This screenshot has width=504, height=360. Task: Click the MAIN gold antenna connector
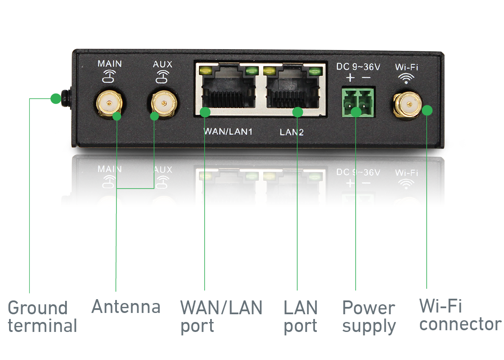[x=109, y=104]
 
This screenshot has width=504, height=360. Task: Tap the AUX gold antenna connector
[x=164, y=104]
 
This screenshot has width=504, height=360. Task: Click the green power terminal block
[x=358, y=103]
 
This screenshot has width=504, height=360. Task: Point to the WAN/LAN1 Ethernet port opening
[x=229, y=91]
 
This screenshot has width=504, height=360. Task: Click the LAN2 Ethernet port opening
[x=293, y=92]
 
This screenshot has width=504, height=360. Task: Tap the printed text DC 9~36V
[x=358, y=67]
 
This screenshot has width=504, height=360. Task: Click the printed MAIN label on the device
[x=110, y=63]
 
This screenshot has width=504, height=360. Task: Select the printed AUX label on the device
[x=163, y=64]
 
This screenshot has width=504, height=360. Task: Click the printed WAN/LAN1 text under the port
[x=228, y=132]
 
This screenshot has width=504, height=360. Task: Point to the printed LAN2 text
[x=292, y=132]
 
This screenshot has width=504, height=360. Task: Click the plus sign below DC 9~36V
[x=350, y=77]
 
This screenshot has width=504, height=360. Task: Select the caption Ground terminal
[x=42, y=317]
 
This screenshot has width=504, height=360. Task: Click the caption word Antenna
[x=126, y=306]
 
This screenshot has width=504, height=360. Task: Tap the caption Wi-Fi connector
[x=460, y=315]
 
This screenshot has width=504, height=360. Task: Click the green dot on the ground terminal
[x=56, y=98]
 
